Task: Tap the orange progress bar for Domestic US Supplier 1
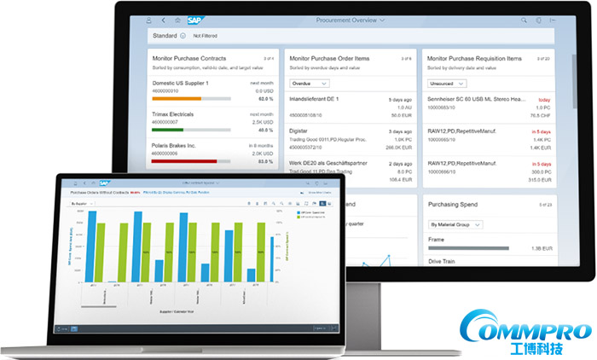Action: pos(177,98)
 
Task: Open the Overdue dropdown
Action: pos(310,84)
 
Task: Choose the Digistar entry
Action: pos(304,131)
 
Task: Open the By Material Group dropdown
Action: pos(455,224)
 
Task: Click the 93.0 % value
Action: pos(266,160)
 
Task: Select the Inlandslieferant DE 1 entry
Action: pos(315,99)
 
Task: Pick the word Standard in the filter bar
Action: pos(164,36)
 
